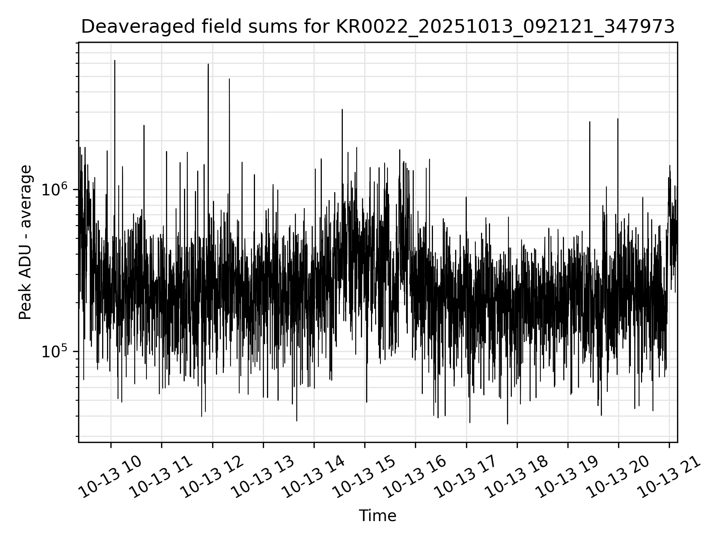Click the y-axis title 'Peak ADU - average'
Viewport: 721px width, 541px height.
(25, 242)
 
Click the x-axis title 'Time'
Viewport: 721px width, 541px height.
(377, 516)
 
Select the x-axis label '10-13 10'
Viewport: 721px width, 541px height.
(110, 477)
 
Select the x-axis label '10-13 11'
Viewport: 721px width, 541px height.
(161, 477)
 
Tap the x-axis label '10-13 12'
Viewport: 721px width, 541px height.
(212, 477)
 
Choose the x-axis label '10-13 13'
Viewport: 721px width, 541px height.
(263, 477)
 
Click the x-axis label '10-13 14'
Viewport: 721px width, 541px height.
(314, 477)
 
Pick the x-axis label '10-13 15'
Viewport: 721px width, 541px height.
(365, 477)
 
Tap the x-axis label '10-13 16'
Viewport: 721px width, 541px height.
(415, 477)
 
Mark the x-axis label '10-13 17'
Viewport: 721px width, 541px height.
(466, 477)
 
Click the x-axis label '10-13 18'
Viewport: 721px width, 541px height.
(517, 477)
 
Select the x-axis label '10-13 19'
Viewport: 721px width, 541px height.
(568, 477)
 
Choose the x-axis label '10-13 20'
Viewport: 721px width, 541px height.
(618, 477)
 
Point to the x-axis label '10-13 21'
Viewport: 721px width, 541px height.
(669, 477)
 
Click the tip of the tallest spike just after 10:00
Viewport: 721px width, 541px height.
(115, 60)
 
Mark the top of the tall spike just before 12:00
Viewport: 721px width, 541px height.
(208, 64)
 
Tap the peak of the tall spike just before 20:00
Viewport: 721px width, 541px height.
(618, 119)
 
